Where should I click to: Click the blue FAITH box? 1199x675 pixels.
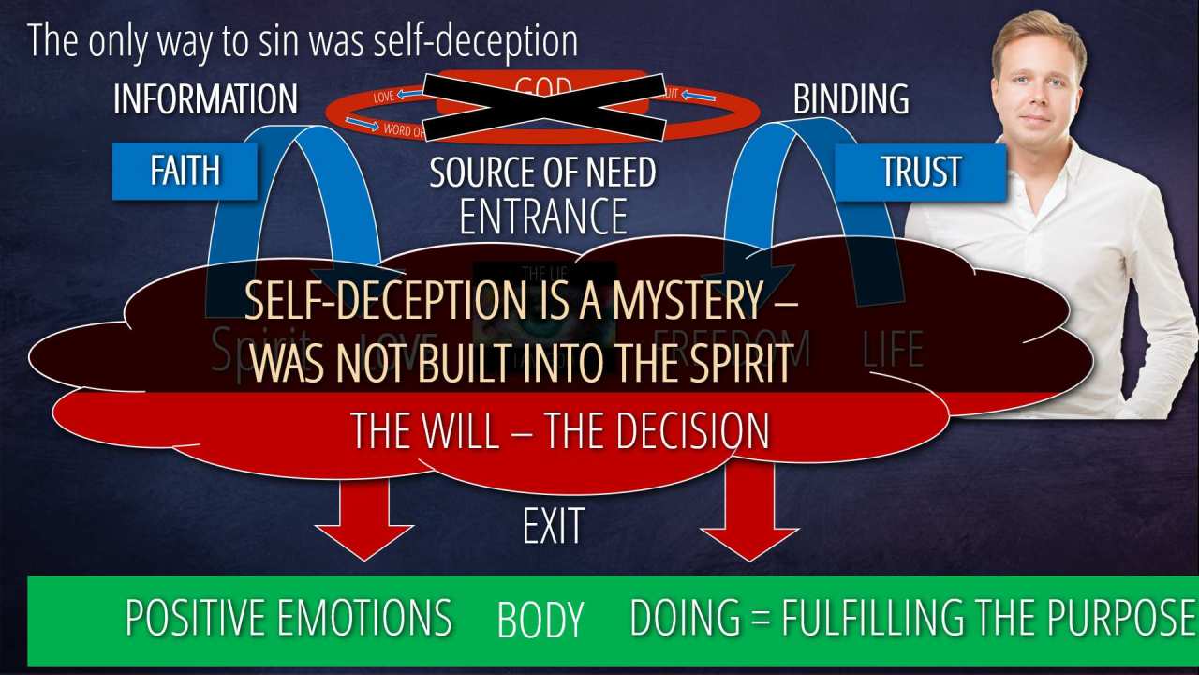[x=185, y=171]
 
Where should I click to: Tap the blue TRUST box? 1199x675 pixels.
[x=920, y=172]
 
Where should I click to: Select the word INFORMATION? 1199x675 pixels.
[x=205, y=99]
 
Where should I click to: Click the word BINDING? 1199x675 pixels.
[x=851, y=99]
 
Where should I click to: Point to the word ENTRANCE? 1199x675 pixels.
[x=543, y=217]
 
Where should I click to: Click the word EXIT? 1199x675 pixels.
[x=553, y=527]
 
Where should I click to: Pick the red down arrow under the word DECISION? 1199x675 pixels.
[x=749, y=511]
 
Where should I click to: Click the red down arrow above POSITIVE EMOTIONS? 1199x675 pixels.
[x=364, y=516]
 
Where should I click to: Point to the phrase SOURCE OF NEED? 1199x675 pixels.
[x=542, y=172]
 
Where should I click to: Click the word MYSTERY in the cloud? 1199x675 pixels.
[x=692, y=301]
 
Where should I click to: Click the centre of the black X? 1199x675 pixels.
[x=544, y=104]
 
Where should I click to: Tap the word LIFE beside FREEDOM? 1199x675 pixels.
[x=893, y=348]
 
